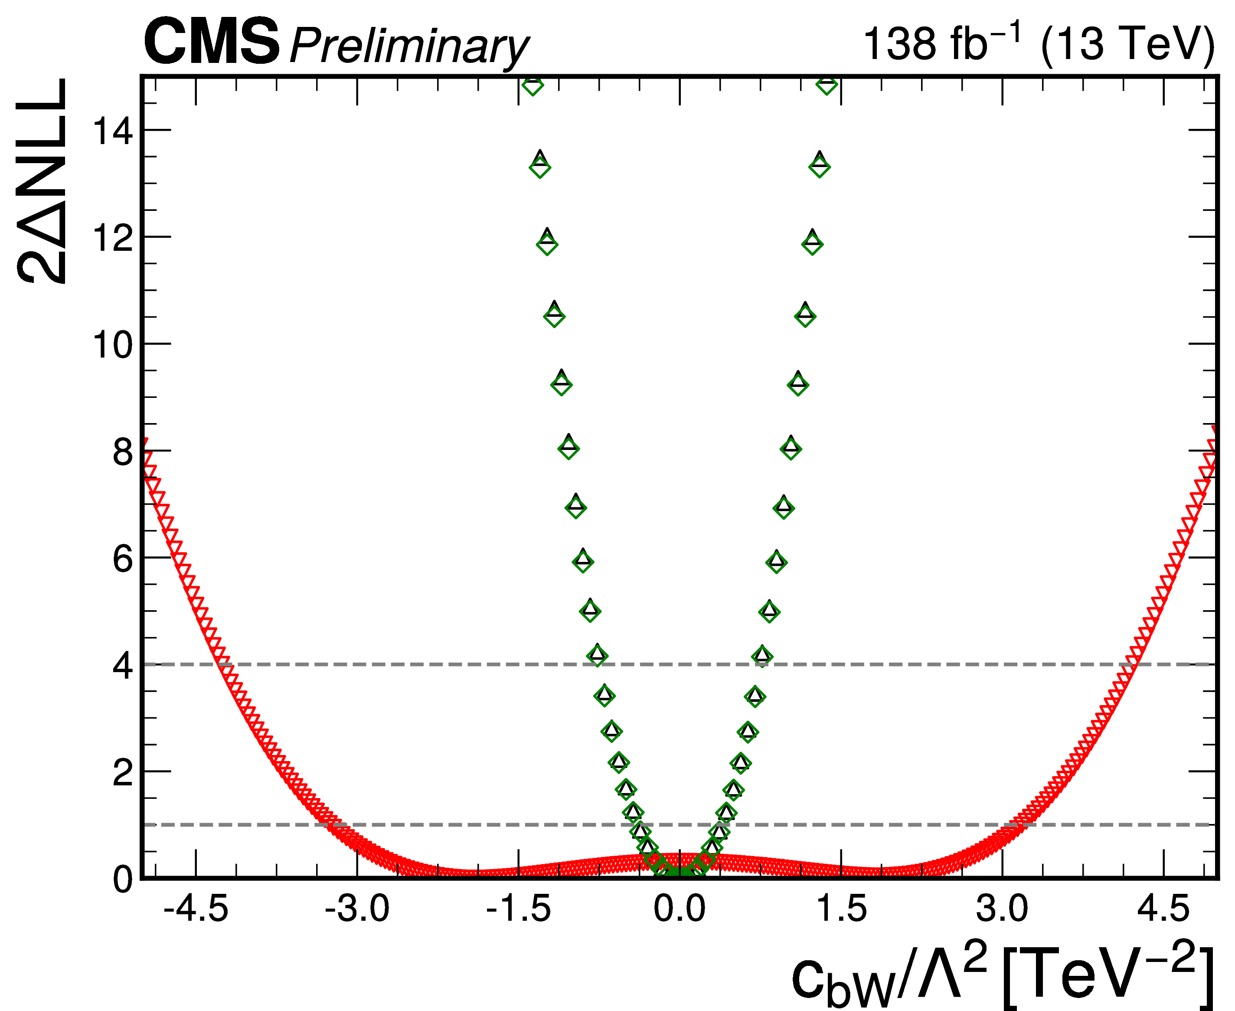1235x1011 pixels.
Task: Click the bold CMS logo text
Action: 212,42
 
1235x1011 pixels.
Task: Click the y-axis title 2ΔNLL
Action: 42,181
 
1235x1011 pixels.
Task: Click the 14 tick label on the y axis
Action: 113,131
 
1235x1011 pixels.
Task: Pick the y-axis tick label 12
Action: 113,238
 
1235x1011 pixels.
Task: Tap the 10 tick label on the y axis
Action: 113,345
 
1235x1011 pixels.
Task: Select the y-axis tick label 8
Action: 123,452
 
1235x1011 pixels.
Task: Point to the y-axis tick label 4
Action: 123,666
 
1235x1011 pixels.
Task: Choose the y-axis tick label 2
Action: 123,773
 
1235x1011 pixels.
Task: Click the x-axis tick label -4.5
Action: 196,909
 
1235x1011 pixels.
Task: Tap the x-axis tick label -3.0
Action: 357,909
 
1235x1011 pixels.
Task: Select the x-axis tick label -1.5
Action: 518,909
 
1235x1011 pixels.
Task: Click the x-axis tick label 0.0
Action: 679,909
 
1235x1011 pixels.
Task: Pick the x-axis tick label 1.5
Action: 842,909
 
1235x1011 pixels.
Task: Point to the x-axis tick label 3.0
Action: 1002,909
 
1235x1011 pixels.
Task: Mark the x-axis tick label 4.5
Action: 1163,909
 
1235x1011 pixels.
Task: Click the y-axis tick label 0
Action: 123,880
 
